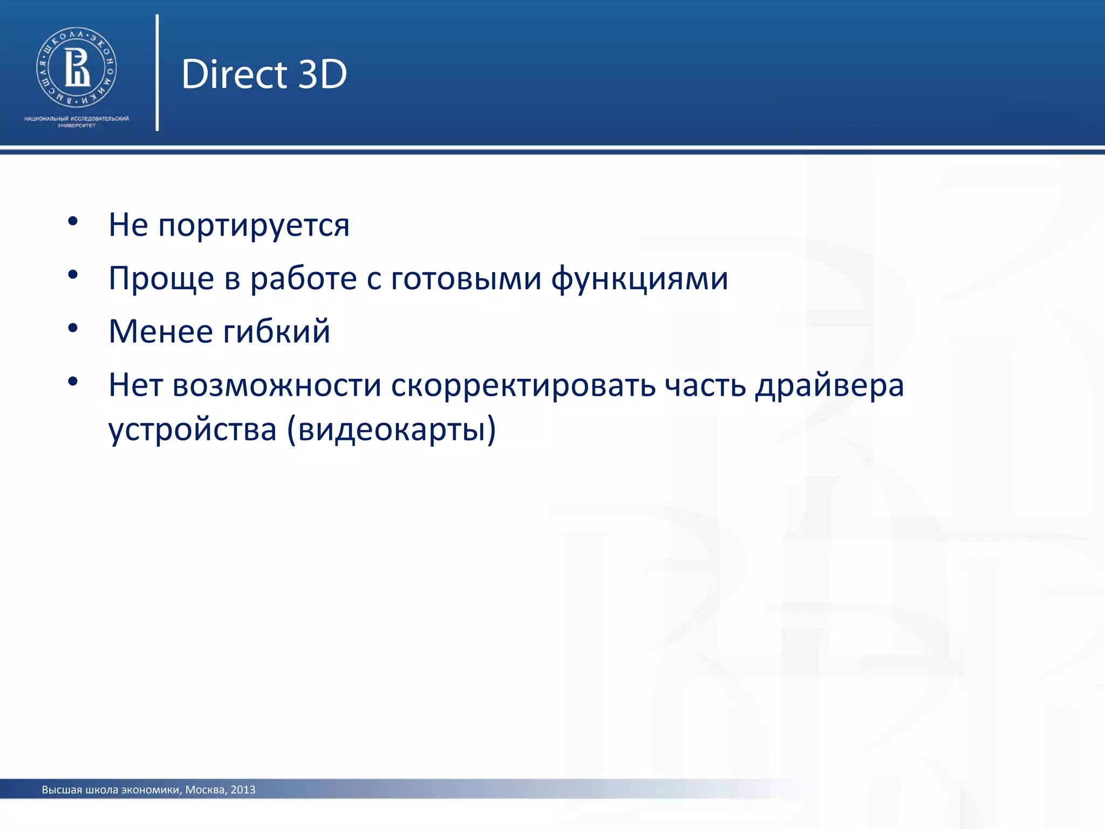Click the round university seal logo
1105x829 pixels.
click(x=77, y=67)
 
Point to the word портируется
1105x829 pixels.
click(x=254, y=226)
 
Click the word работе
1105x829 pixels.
click(x=303, y=279)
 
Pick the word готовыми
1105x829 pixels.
click(x=466, y=279)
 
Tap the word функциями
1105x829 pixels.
click(x=639, y=279)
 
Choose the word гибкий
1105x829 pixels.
click(x=276, y=331)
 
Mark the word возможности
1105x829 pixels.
click(x=277, y=385)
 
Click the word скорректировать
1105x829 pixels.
click(x=523, y=385)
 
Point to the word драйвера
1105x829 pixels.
click(x=829, y=385)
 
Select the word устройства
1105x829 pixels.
click(x=193, y=430)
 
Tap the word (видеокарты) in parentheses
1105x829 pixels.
click(x=391, y=430)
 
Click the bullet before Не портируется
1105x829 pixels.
click(x=73, y=221)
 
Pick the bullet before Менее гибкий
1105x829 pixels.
click(x=73, y=328)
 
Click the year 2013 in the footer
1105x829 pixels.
click(x=243, y=790)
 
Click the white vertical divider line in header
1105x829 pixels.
click(x=157, y=73)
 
